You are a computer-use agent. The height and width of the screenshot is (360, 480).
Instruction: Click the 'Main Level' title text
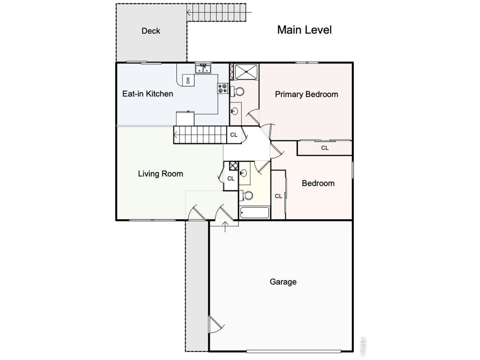(x=304, y=30)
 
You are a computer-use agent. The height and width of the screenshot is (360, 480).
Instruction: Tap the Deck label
(x=151, y=31)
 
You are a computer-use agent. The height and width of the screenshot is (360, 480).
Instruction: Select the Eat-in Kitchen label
(x=148, y=94)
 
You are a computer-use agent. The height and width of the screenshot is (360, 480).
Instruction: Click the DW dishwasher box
(x=188, y=80)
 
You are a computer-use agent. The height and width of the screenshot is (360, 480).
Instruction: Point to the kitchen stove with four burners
(x=223, y=88)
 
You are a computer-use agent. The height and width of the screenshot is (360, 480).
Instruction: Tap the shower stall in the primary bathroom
(x=246, y=71)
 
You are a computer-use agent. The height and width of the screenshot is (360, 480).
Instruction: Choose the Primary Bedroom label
(x=306, y=94)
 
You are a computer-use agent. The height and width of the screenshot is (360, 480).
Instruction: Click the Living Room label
(x=160, y=174)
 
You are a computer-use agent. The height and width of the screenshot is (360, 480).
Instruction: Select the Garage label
(x=283, y=282)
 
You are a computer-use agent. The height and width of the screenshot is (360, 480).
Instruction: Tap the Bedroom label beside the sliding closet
(x=318, y=183)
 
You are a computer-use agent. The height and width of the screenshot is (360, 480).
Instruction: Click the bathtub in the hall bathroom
(x=254, y=213)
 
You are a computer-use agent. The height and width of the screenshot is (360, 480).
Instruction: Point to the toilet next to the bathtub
(x=245, y=195)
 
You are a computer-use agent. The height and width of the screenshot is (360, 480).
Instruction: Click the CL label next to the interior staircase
(x=234, y=135)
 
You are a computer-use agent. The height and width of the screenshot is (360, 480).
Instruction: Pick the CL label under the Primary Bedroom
(x=325, y=148)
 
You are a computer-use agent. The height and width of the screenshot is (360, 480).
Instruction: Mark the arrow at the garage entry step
(x=225, y=226)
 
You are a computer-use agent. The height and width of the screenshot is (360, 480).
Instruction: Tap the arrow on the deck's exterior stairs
(x=219, y=12)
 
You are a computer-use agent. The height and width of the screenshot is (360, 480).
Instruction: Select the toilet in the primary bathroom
(x=237, y=91)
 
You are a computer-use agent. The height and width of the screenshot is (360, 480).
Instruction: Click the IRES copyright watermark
(x=363, y=346)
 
